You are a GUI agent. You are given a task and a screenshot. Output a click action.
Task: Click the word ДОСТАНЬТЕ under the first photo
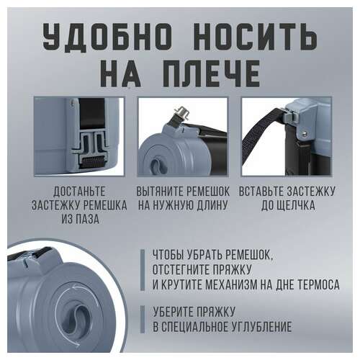click(x=79, y=192)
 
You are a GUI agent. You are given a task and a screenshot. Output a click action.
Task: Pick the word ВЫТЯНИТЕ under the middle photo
click(x=160, y=192)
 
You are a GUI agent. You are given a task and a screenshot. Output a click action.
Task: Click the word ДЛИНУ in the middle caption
click(x=212, y=205)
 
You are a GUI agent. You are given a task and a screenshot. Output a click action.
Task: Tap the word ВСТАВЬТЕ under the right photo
click(x=263, y=192)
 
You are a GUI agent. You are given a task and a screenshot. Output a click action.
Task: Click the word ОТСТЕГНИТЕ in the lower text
click(x=179, y=270)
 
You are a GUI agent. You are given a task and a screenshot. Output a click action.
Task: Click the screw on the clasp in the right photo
click(x=305, y=135)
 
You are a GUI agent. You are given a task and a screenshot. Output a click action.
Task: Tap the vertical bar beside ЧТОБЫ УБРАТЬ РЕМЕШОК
click(x=143, y=270)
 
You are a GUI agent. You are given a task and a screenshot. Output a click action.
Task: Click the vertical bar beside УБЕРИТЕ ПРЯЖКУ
click(x=143, y=320)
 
